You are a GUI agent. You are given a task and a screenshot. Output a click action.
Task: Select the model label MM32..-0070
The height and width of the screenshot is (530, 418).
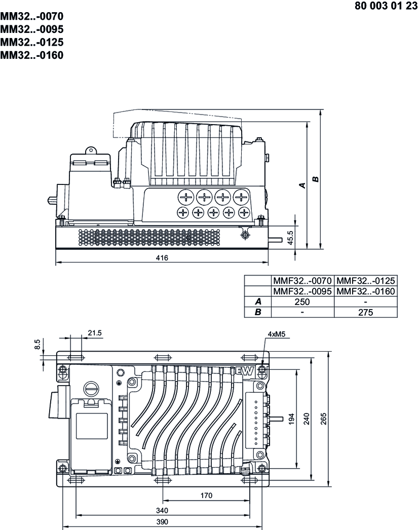[x=32, y=16]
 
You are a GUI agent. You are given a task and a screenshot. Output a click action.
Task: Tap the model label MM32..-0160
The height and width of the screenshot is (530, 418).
[x=32, y=55]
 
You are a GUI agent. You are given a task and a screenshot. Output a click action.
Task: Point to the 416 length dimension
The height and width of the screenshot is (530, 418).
[x=161, y=258]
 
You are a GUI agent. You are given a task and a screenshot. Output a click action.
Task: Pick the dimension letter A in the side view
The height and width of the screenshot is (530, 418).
[x=302, y=185]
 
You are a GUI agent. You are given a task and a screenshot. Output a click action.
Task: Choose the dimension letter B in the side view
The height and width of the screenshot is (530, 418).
[x=316, y=179]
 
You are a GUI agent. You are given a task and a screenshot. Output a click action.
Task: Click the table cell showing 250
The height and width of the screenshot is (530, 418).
[x=302, y=302]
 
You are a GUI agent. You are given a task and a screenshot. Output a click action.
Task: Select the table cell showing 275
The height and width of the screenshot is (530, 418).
[x=365, y=313]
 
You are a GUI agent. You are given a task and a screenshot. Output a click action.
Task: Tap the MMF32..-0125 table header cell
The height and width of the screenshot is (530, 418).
[x=365, y=280]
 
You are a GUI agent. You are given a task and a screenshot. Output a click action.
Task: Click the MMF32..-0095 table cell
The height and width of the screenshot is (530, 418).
[x=302, y=291]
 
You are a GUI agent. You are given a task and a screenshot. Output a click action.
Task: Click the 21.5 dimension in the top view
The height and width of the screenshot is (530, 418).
[x=95, y=332]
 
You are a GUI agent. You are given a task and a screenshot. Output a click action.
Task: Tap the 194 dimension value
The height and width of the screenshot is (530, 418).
[x=291, y=419]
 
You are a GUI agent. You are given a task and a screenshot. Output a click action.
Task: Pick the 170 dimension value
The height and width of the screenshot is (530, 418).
[x=206, y=495]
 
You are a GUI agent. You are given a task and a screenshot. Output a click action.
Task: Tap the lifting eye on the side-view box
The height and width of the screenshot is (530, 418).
[x=91, y=150]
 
